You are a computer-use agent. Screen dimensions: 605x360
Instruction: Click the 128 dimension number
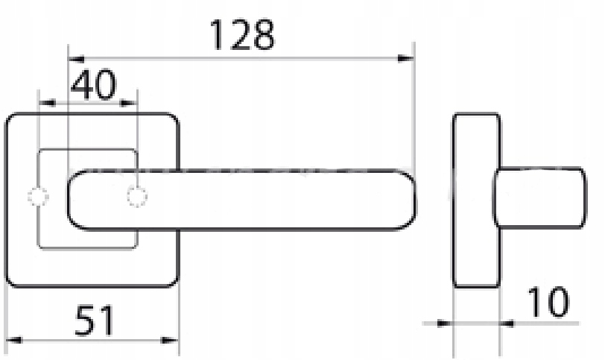(242, 35)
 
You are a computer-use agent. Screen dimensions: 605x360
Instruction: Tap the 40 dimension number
(93, 84)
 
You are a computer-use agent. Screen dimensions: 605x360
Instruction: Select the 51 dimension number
(95, 320)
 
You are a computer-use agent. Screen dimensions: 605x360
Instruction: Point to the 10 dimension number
(548, 302)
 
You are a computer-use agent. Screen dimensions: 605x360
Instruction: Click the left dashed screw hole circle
(38, 197)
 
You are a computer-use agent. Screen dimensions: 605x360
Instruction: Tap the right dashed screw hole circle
(137, 197)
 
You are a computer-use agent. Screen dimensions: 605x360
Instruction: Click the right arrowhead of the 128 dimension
(405, 59)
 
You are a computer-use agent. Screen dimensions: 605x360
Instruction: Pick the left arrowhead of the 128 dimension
(76, 59)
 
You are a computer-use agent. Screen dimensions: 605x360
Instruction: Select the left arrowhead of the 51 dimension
(14, 340)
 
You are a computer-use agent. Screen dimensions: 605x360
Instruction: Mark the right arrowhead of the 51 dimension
(170, 340)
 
